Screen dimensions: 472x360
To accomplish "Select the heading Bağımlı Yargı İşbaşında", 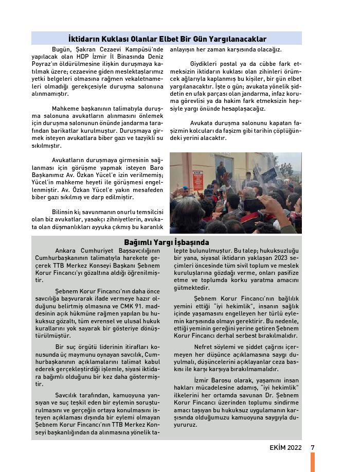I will point(167,242).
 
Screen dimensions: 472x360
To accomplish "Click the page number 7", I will point(312,447).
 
